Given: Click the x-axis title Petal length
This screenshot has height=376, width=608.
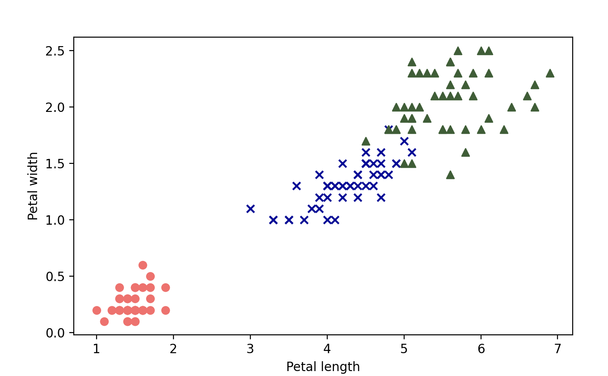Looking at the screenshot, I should (x=323, y=367).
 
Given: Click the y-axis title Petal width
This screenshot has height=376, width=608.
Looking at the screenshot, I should (x=33, y=186).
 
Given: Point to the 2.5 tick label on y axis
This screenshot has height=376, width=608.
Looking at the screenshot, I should (x=55, y=51).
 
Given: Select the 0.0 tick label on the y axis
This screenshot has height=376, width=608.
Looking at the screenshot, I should (x=55, y=333).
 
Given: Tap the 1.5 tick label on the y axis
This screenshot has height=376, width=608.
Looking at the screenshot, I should (x=55, y=163).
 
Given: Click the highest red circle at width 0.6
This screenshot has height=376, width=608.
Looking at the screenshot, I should (x=143, y=265).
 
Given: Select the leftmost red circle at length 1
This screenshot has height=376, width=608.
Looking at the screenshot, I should (x=97, y=310).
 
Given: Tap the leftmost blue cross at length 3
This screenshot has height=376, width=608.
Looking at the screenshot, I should (x=250, y=209).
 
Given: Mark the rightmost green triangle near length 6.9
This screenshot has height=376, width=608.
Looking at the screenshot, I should (x=550, y=73).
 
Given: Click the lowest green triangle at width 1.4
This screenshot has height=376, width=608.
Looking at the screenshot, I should (x=450, y=175).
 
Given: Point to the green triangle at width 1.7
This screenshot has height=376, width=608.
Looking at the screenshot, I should (x=366, y=141).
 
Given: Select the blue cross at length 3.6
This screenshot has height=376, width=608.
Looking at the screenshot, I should (x=296, y=186).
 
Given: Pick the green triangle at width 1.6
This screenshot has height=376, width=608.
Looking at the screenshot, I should (x=465, y=152).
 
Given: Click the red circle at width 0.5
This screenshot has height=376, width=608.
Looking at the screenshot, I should (x=150, y=276).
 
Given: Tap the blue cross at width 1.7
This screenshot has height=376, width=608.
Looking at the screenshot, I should (x=404, y=141).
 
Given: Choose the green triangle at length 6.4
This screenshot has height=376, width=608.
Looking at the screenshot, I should (x=511, y=107).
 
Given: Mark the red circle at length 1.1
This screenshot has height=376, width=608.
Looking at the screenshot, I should (x=104, y=321).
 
